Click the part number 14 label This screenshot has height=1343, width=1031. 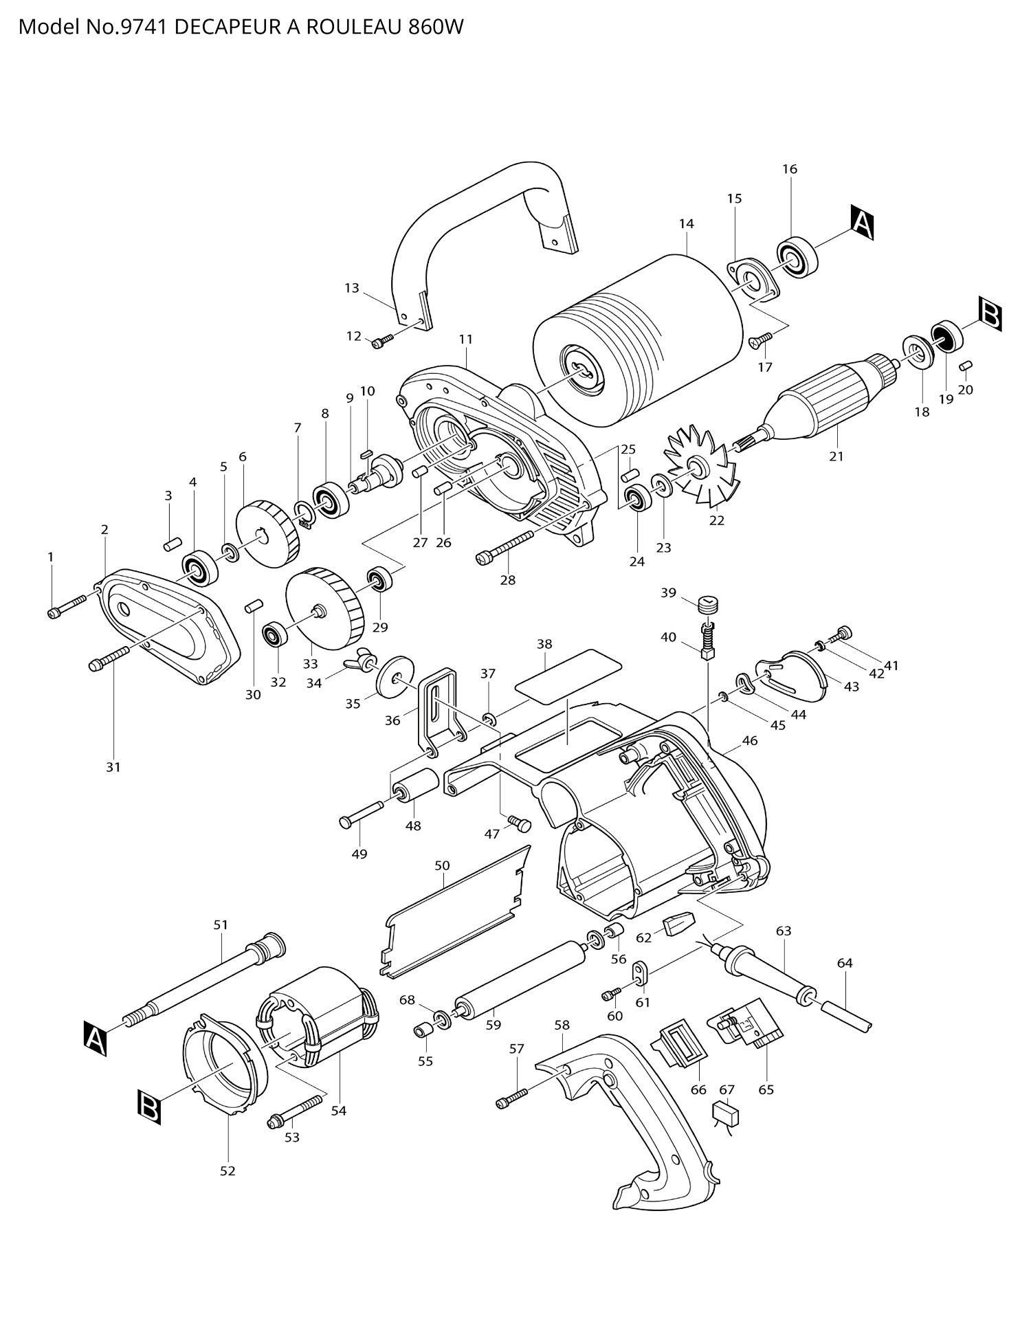pyautogui.click(x=686, y=223)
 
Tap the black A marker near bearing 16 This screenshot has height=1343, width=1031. pyautogui.click(x=862, y=223)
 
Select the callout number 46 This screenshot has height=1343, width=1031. pyautogui.click(x=750, y=740)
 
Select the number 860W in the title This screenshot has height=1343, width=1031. pyautogui.click(x=436, y=27)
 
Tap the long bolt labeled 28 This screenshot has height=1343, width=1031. pyautogui.click(x=505, y=548)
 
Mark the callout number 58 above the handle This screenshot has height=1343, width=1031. pyautogui.click(x=562, y=1025)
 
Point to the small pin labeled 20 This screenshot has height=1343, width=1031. pyautogui.click(x=965, y=365)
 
